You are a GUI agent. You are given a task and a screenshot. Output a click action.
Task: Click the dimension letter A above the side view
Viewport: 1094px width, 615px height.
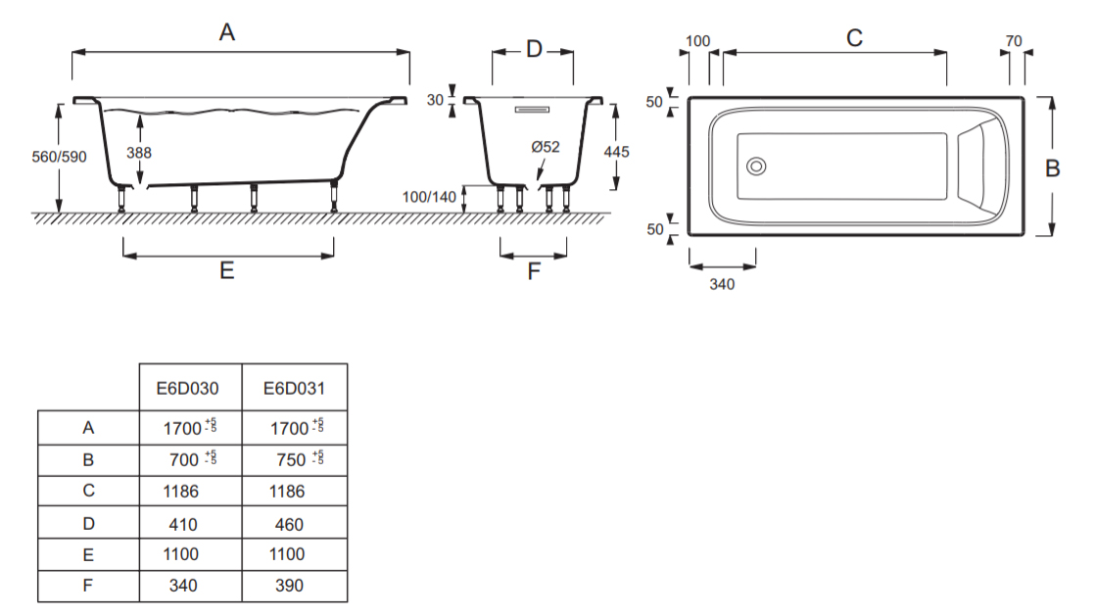[x=227, y=33]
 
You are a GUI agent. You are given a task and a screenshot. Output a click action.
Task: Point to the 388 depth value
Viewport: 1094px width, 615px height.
[x=139, y=153]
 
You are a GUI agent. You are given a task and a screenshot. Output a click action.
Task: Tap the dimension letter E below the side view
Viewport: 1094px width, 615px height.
[x=227, y=271]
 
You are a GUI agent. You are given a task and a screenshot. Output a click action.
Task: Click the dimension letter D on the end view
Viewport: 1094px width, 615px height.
[x=534, y=49]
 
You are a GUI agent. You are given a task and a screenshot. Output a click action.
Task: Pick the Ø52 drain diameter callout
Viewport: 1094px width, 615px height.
[x=546, y=147]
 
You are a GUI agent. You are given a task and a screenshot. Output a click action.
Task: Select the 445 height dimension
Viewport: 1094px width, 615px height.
[x=616, y=152]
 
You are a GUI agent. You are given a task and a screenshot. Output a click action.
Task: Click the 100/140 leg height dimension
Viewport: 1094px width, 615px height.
[x=430, y=197]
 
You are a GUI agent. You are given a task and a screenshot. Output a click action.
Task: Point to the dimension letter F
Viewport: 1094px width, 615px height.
[x=534, y=272]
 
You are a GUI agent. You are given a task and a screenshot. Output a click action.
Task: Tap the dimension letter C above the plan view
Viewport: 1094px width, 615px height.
[x=854, y=38]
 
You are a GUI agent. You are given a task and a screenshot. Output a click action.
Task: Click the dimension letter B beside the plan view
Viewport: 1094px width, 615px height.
[x=1053, y=168]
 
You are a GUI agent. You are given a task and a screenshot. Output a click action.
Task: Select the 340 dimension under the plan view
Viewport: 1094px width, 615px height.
[x=722, y=284]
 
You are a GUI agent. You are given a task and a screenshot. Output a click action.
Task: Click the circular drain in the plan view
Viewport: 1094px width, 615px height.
[x=756, y=166]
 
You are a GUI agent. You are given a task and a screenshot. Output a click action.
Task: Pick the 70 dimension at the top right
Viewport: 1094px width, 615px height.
[x=1014, y=41]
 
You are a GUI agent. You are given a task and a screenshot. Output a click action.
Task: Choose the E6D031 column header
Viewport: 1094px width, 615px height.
[x=294, y=389]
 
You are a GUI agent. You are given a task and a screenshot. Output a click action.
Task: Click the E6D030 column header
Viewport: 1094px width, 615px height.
[x=187, y=389]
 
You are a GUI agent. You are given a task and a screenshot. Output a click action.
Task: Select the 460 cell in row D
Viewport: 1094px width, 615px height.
[x=287, y=524]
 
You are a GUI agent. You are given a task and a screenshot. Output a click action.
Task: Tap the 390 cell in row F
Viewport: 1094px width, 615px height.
[x=287, y=585]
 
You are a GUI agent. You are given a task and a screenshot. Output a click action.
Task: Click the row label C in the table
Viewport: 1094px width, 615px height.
[x=88, y=492]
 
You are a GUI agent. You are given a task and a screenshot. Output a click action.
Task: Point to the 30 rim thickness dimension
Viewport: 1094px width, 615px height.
[x=436, y=100]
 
